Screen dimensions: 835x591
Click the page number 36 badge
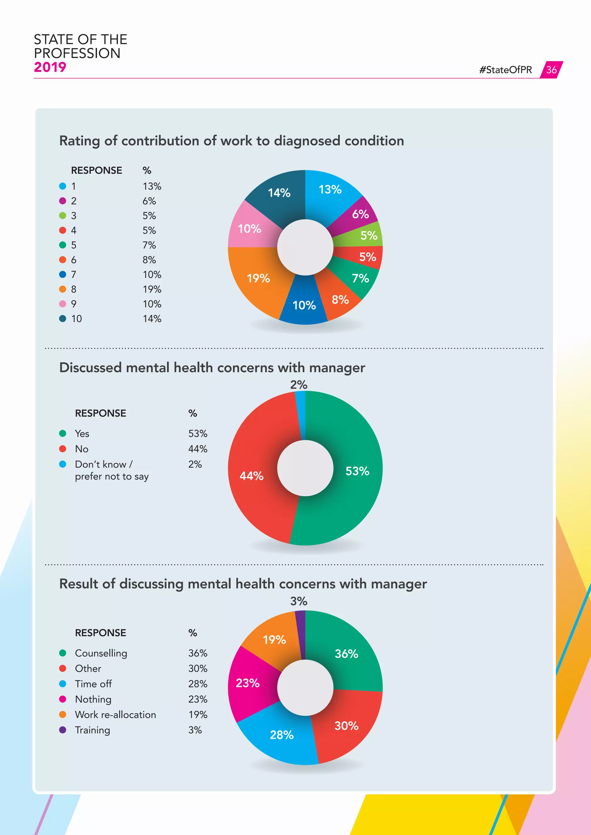click(551, 70)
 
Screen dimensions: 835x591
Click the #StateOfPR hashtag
click(506, 70)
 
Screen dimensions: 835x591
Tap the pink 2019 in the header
click(50, 67)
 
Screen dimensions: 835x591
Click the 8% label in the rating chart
click(340, 300)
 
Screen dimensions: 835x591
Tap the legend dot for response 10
click(63, 319)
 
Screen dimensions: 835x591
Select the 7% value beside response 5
click(149, 245)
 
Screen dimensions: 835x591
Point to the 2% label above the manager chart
click(298, 385)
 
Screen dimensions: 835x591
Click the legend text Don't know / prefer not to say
click(111, 470)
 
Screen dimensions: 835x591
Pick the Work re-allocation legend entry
click(115, 715)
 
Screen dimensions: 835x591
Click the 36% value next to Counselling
click(198, 653)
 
